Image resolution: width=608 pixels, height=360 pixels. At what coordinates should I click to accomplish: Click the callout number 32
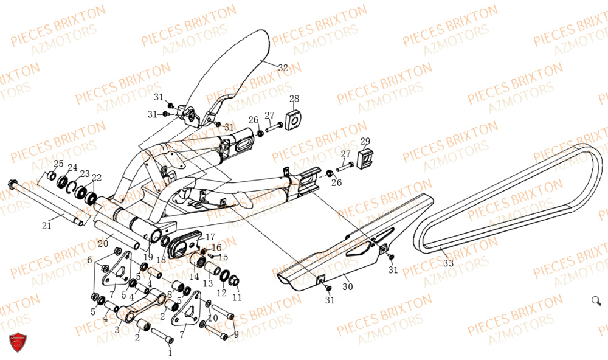point(283,68)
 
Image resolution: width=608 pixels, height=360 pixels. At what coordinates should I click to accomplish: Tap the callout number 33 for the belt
point(449,263)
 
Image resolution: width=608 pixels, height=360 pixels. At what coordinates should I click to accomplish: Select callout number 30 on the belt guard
point(347,286)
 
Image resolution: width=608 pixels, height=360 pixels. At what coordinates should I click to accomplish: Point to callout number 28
point(294,99)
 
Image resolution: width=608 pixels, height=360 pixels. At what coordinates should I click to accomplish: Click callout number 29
point(365,142)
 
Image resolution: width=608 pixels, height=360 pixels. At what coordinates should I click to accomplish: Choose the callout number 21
point(47,226)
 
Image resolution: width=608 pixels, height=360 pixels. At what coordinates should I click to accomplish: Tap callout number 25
point(58,164)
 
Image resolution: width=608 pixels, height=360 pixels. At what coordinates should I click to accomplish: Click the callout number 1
point(170,352)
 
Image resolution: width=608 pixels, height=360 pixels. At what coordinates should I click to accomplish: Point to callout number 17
point(210,237)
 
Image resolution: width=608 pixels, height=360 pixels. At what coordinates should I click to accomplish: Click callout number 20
point(103,244)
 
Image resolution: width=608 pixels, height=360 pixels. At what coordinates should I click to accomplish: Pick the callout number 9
point(236,333)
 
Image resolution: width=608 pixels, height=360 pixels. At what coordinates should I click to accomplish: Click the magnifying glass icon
point(596,300)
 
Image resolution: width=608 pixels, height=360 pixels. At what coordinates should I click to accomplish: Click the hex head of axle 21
point(12,184)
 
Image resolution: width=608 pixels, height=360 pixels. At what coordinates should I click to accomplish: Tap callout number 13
point(207,283)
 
